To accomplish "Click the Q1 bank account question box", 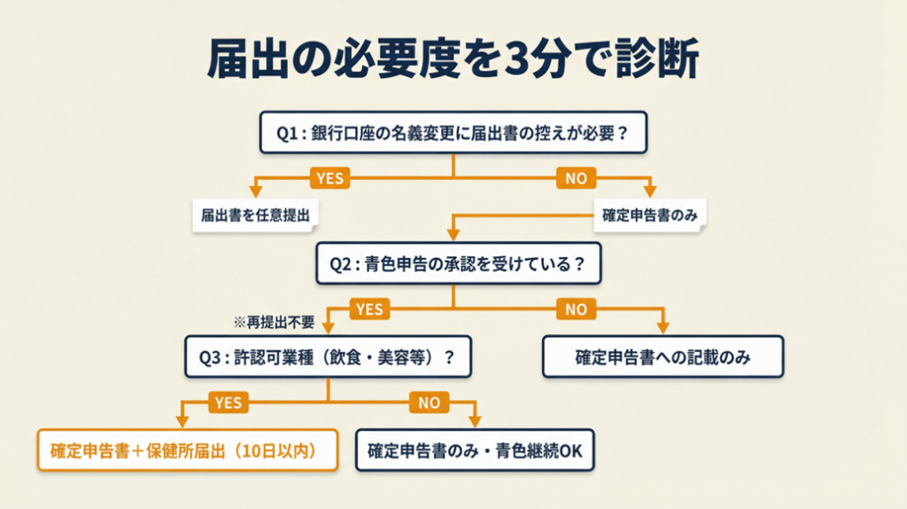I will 453,133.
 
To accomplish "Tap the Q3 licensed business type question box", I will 329,356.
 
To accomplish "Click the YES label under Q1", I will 329,178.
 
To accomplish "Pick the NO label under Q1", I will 576,178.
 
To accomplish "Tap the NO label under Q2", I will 576,309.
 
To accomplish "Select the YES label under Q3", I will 227,403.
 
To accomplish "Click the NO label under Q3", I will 429,403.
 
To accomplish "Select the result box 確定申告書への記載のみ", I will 663,356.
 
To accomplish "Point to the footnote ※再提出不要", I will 274,322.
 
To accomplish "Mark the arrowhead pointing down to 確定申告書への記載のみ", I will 663,329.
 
